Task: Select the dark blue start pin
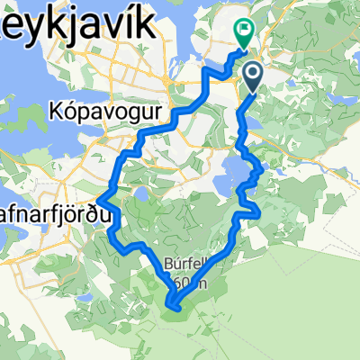click(x=252, y=76)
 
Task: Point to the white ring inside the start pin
click(x=252, y=73)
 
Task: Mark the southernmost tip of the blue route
click(x=174, y=310)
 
